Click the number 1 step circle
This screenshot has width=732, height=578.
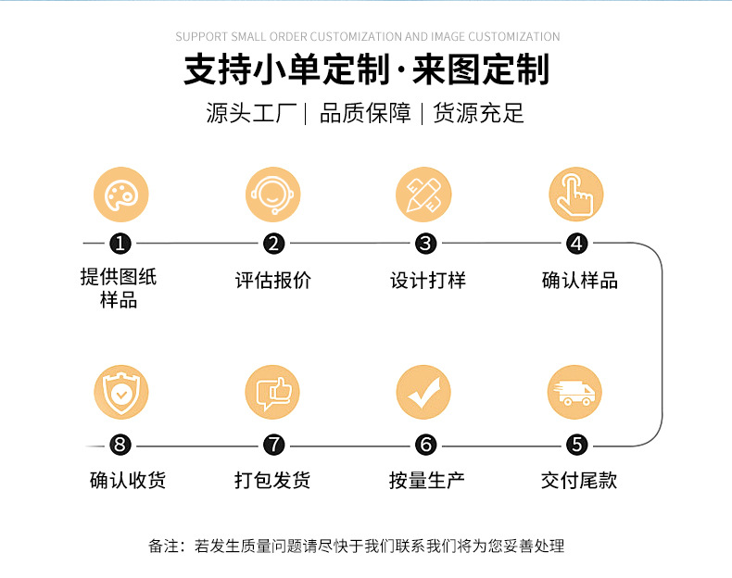pyautogui.click(x=120, y=244)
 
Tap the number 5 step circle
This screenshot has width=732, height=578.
pyautogui.click(x=577, y=445)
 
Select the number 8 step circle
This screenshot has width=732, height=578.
pyautogui.click(x=120, y=445)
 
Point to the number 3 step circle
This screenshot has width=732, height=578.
pyautogui.click(x=425, y=244)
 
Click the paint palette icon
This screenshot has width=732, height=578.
pyautogui.click(x=120, y=195)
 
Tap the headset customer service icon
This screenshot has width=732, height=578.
pyautogui.click(x=273, y=195)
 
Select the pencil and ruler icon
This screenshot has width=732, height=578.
pyautogui.click(x=424, y=195)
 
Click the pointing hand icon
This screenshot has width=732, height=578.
pyautogui.click(x=576, y=195)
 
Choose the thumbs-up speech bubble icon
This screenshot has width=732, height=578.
pyautogui.click(x=273, y=393)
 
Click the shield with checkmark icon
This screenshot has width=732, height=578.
pyautogui.click(x=120, y=393)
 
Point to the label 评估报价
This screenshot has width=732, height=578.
pyautogui.click(x=273, y=281)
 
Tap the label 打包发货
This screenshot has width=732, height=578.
pyautogui.click(x=272, y=480)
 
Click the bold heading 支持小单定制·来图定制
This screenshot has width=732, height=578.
pyautogui.click(x=366, y=70)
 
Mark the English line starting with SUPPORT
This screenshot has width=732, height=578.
pyautogui.click(x=367, y=37)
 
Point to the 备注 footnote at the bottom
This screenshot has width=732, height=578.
pyautogui.click(x=356, y=546)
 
